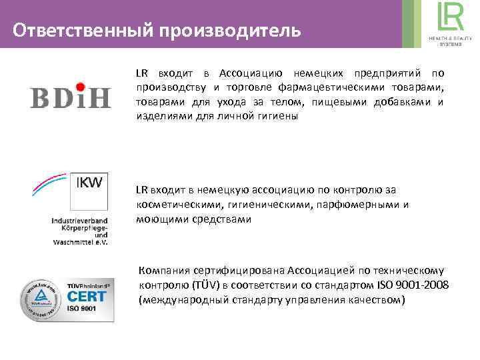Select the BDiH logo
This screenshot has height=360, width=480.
click(70, 97)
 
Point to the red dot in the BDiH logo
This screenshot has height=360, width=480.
click(79, 85)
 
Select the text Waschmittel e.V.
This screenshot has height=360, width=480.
click(80, 241)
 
